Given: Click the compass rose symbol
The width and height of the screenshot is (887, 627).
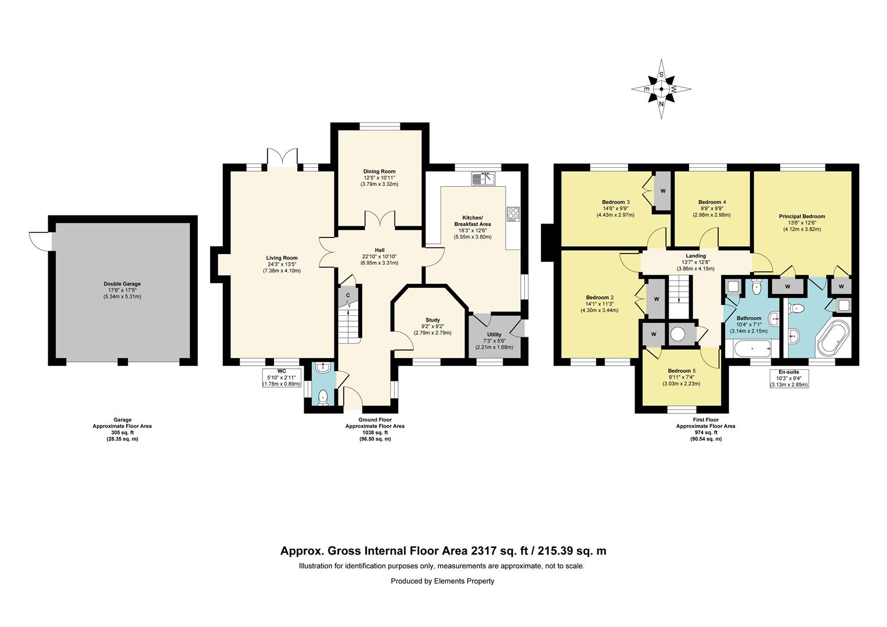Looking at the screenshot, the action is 661,89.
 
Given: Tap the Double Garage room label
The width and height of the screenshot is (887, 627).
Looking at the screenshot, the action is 122,284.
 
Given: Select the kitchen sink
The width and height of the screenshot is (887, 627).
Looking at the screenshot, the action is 483,178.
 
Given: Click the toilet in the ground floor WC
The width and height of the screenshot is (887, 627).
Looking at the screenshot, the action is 323,397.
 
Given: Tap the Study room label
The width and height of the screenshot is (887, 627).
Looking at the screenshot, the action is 433,320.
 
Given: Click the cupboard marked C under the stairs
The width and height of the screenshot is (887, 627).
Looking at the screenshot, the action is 348,296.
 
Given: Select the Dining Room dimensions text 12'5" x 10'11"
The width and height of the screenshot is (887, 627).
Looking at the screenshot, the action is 379,178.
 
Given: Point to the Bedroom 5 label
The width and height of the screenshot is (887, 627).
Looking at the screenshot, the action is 682,371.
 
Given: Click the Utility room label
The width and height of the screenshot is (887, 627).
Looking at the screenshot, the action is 494,334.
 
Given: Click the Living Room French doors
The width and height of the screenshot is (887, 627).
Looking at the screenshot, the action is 282,159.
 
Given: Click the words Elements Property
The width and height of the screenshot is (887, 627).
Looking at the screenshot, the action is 464,581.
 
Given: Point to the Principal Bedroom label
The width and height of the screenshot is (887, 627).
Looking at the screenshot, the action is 802,217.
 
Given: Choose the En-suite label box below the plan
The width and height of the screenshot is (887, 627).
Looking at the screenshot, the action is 789,379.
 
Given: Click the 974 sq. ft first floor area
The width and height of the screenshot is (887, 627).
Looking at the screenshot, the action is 706,433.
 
